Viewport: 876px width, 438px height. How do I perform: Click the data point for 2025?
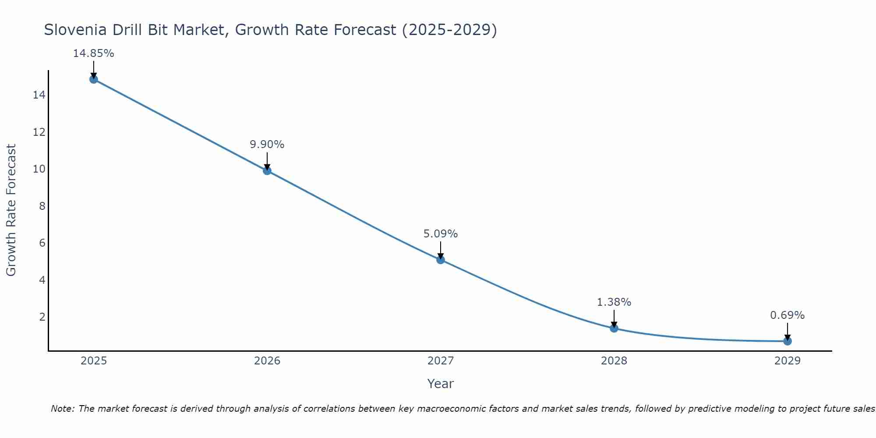click(93, 79)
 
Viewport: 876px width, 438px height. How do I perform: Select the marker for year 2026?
click(267, 170)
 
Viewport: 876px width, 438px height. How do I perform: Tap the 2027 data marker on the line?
click(440, 260)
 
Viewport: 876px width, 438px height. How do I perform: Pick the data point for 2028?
click(614, 328)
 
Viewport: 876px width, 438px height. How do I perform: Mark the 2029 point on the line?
click(787, 341)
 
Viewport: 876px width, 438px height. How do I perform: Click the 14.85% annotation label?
click(93, 53)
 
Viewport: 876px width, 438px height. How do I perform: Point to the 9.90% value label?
click(267, 145)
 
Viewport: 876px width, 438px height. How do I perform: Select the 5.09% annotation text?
click(440, 234)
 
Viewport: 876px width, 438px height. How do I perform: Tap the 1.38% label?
click(614, 302)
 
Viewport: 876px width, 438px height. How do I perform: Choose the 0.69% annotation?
click(787, 315)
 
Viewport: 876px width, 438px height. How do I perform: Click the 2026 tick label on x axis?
click(267, 361)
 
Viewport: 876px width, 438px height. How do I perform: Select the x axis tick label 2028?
click(614, 361)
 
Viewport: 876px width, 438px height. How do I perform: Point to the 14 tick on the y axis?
click(39, 95)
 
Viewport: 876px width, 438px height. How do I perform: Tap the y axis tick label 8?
click(42, 206)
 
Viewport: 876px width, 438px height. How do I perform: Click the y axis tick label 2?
click(42, 317)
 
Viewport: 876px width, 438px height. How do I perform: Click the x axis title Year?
click(440, 384)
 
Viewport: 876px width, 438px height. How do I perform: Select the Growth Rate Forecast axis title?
click(11, 210)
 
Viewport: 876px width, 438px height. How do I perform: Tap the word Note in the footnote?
click(63, 409)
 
